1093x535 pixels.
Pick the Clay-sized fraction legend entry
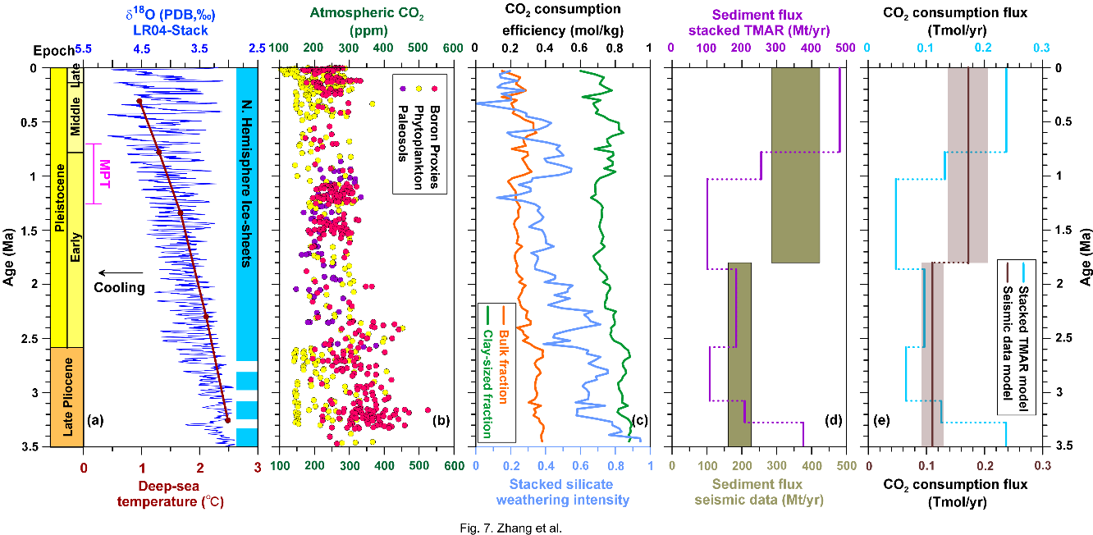point(487,371)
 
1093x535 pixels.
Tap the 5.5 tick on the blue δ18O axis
point(83,49)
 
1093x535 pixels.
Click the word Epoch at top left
point(60,49)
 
